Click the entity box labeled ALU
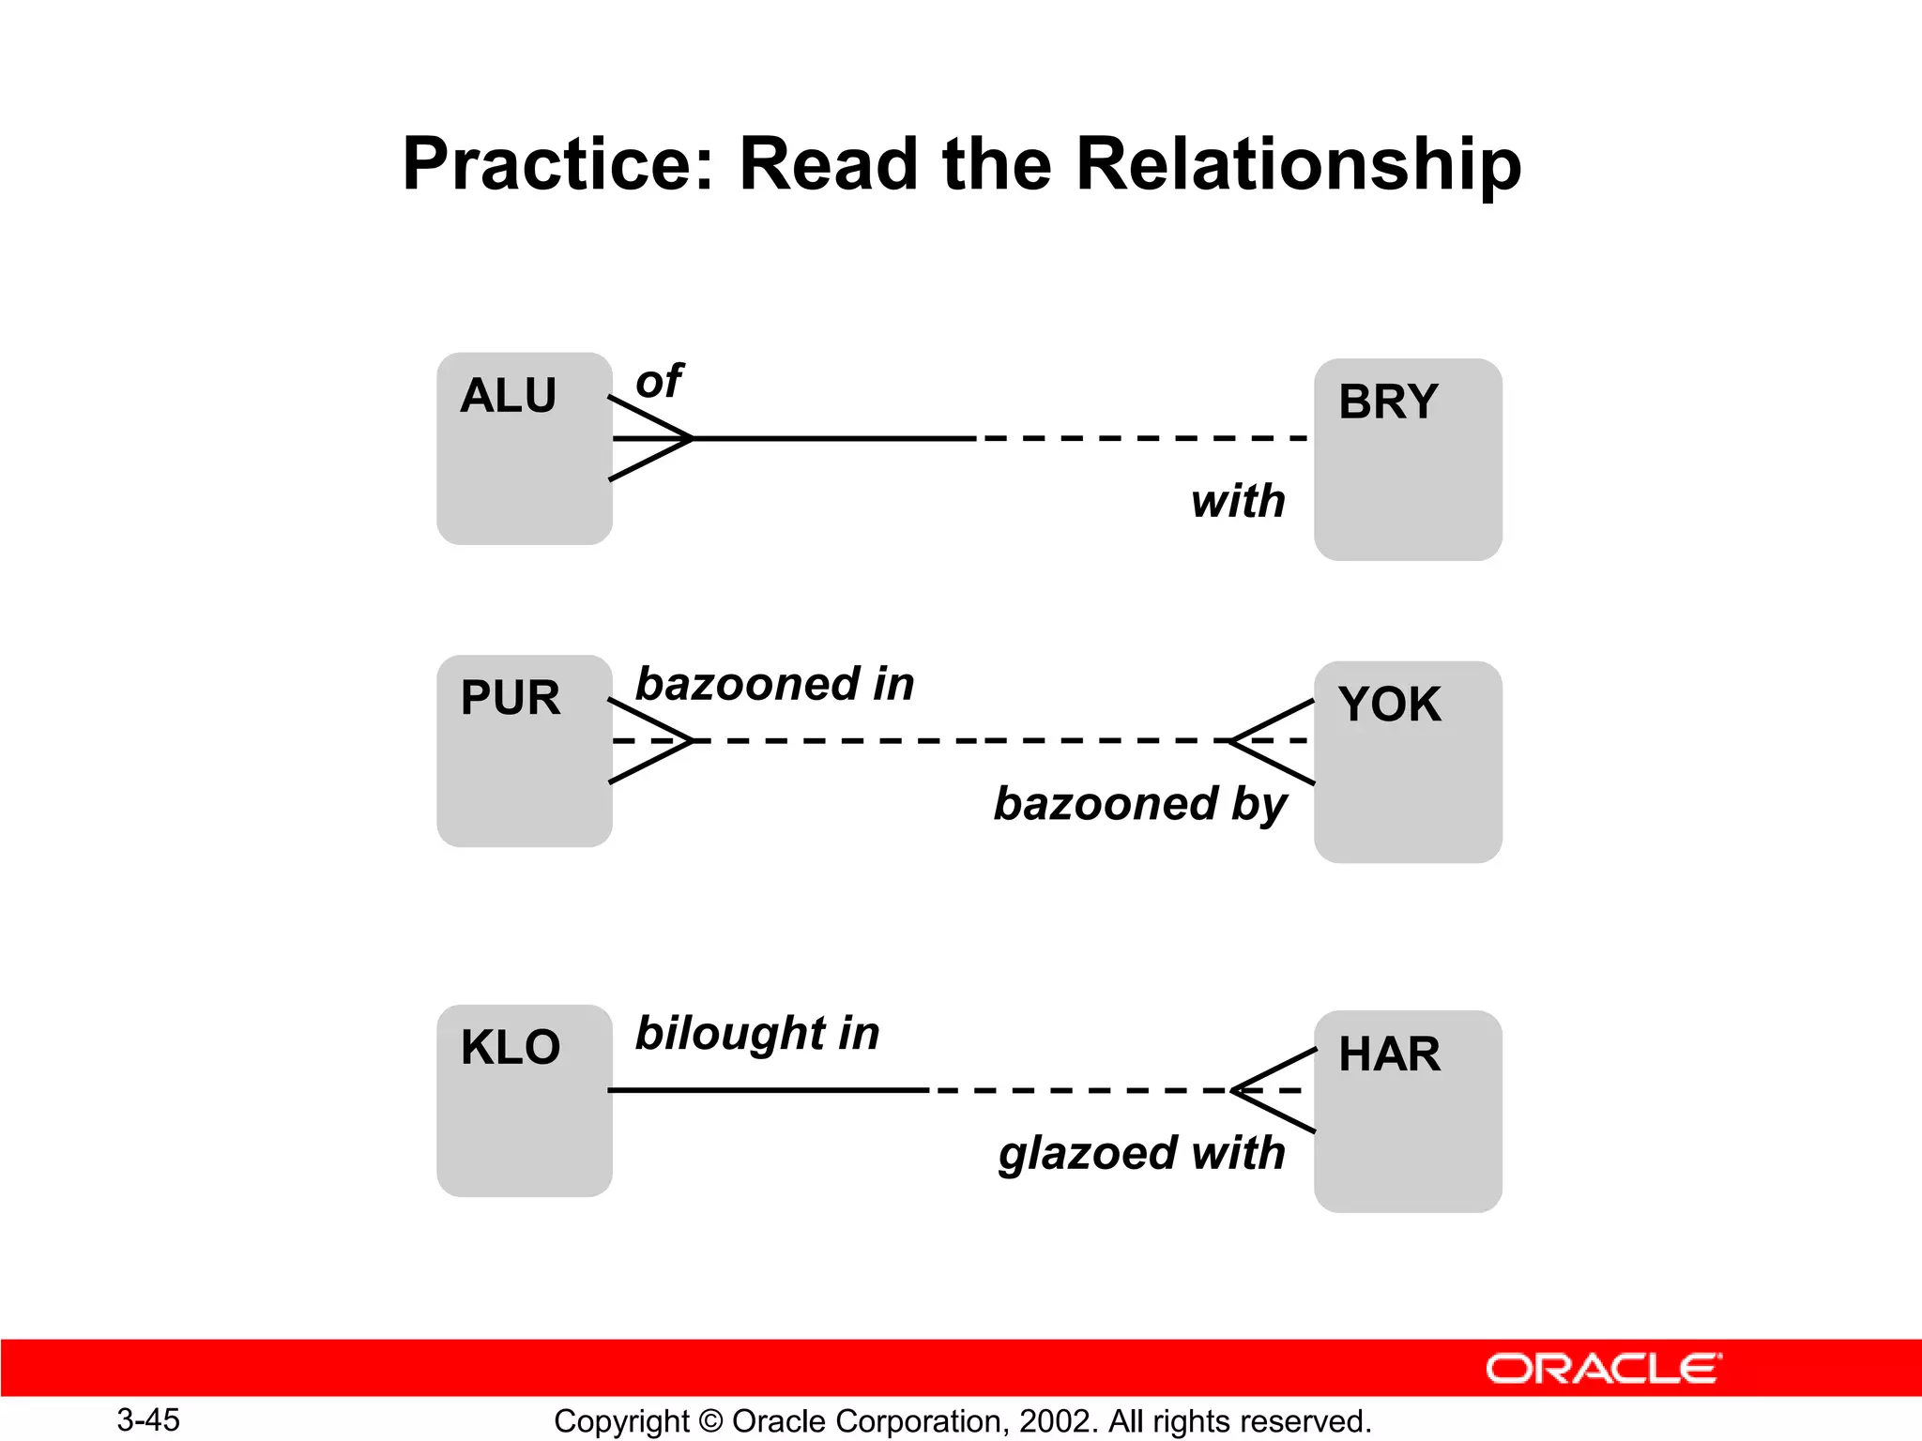(x=524, y=448)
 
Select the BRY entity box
(x=1407, y=459)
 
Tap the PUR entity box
(x=524, y=751)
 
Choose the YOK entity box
(x=1407, y=762)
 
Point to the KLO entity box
(x=524, y=1100)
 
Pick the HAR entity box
(x=1407, y=1111)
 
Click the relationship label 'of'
(x=659, y=382)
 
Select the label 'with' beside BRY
(x=1238, y=501)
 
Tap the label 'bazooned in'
(x=774, y=684)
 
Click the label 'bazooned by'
(x=1139, y=805)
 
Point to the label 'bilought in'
(x=757, y=1034)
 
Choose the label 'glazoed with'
(x=1141, y=1154)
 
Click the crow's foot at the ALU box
(x=651, y=438)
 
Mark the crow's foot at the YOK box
(x=1273, y=741)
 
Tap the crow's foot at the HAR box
(x=1274, y=1090)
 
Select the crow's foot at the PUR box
(x=651, y=741)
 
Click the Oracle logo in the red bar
(x=1604, y=1369)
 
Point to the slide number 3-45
(x=148, y=1419)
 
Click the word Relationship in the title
(x=1298, y=164)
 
